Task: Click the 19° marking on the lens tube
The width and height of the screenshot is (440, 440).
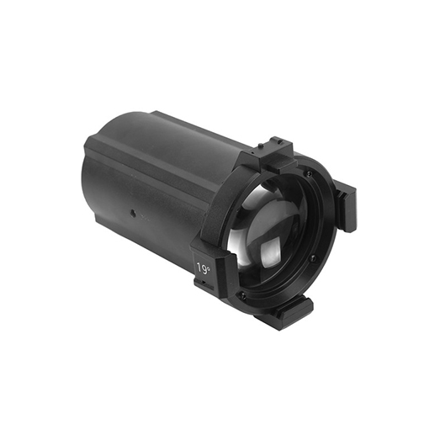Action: [x=204, y=268]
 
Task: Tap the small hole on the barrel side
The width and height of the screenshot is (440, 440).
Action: [x=132, y=214]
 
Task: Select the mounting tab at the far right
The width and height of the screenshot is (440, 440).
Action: [x=346, y=208]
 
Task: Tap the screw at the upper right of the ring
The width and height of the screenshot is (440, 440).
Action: [x=310, y=174]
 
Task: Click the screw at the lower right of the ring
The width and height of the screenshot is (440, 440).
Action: [x=313, y=258]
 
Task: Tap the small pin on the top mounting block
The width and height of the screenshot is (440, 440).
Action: [x=260, y=145]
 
